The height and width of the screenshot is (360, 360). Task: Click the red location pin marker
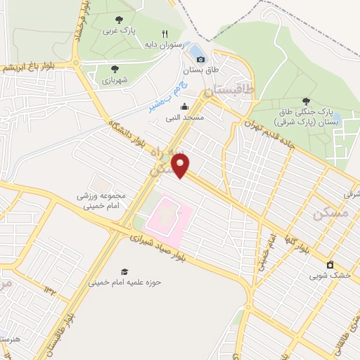point(182,167)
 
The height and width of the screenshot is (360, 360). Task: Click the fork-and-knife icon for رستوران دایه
point(165,33)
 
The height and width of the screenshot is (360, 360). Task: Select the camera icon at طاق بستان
point(201,60)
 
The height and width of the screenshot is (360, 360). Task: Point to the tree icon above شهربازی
point(115,69)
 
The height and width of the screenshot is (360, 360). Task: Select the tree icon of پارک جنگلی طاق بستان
point(326,101)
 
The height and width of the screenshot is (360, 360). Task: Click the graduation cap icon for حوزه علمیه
point(124,271)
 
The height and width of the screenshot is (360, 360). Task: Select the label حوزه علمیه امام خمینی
point(124,283)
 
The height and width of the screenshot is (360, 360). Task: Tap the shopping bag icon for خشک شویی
point(330,264)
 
